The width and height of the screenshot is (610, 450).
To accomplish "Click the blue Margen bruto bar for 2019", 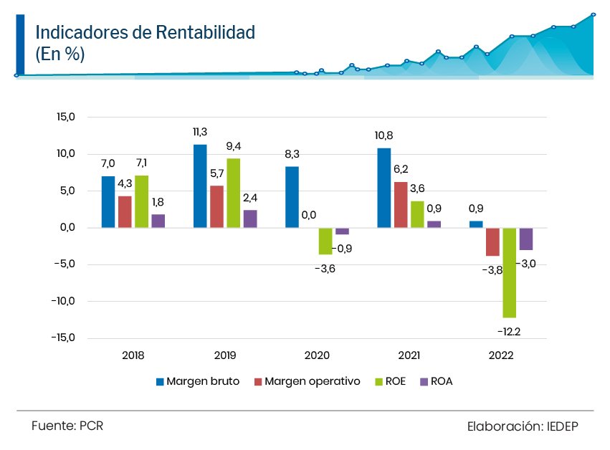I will (x=200, y=186).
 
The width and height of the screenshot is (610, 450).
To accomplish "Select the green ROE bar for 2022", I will (x=509, y=272).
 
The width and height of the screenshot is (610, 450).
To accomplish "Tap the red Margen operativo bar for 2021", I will (x=401, y=205).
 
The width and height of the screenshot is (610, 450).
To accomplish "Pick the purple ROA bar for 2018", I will (x=158, y=221).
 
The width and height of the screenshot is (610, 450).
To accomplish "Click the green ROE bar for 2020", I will (x=325, y=241).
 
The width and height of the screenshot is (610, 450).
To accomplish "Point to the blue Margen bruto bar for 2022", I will (x=476, y=224).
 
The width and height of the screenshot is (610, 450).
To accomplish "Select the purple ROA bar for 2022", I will (x=526, y=239).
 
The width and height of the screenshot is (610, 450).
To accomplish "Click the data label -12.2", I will (x=510, y=330).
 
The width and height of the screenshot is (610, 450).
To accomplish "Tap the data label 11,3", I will (x=200, y=132).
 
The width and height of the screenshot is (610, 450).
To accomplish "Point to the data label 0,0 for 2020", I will (x=310, y=214).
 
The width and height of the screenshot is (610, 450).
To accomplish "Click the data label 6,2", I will (x=401, y=169).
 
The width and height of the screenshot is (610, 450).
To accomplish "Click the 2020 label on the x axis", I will (x=318, y=355).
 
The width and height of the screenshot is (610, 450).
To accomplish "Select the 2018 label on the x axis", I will (x=133, y=355).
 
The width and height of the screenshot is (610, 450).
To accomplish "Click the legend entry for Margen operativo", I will (x=312, y=381).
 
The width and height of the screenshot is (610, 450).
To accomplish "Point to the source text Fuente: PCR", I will (x=67, y=426).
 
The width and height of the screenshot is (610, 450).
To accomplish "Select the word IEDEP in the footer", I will (x=562, y=426).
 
